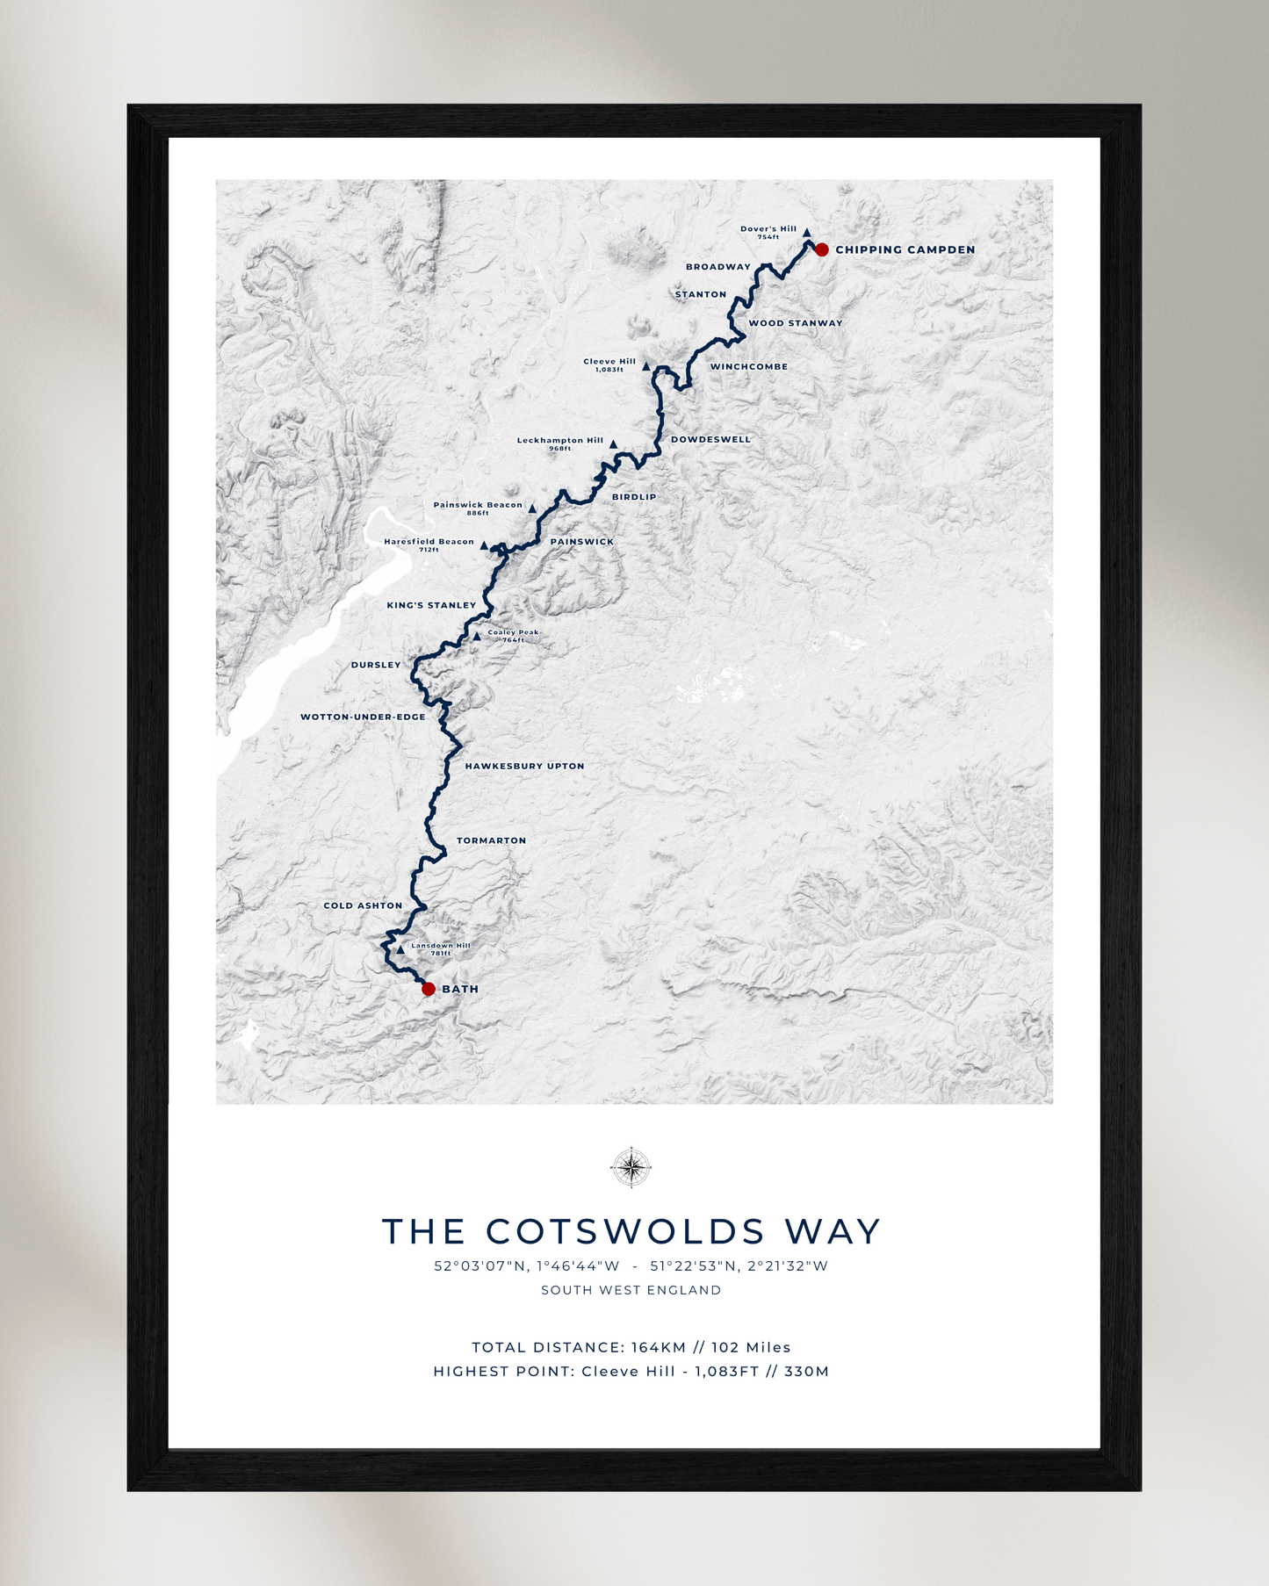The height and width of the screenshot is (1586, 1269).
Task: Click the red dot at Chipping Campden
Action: pos(822,250)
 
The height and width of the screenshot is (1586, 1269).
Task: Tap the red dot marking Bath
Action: pos(429,989)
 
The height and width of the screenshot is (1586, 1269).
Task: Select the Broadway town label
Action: pos(717,267)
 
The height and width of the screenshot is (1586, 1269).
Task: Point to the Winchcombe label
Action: pos(749,367)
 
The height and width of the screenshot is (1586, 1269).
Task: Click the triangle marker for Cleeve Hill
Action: pos(646,367)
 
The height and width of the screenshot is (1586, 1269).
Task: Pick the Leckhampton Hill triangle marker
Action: pos(613,444)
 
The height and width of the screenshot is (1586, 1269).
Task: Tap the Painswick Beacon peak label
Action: pos(478,505)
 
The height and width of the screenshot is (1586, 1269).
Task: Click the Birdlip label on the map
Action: pos(634,497)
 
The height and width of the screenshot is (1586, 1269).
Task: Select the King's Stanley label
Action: pos(431,605)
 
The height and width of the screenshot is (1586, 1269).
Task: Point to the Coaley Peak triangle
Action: pos(477,636)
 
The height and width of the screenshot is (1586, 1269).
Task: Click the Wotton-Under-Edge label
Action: pos(363,717)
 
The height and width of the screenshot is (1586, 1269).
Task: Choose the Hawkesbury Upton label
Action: pos(524,766)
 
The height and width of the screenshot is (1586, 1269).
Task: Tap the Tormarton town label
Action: pos(491,840)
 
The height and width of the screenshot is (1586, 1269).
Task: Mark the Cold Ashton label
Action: pos(363,905)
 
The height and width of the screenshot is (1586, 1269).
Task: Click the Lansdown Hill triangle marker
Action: pos(400,949)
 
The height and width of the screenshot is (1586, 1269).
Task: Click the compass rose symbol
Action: pos(631,1167)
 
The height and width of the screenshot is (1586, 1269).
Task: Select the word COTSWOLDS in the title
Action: pos(625,1231)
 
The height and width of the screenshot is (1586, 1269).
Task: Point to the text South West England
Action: pos(631,1290)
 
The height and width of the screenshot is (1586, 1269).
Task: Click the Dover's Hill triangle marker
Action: pos(806,233)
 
